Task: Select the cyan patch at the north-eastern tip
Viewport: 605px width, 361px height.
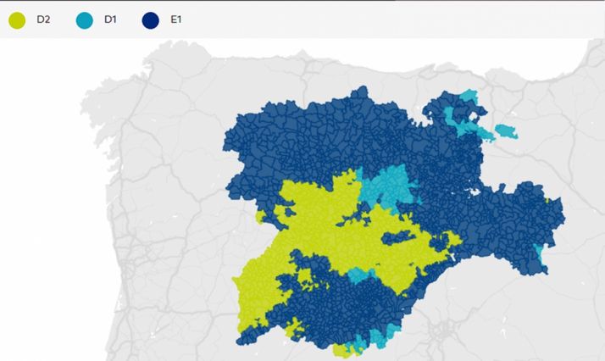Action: coord(469,97)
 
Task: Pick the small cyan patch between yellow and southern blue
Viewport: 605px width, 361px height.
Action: coord(359,275)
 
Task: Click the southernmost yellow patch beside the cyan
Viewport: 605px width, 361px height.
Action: coord(343,348)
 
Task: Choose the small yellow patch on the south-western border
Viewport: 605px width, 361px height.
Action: coord(295,326)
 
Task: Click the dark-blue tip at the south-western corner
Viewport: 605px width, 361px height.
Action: coord(241,338)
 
